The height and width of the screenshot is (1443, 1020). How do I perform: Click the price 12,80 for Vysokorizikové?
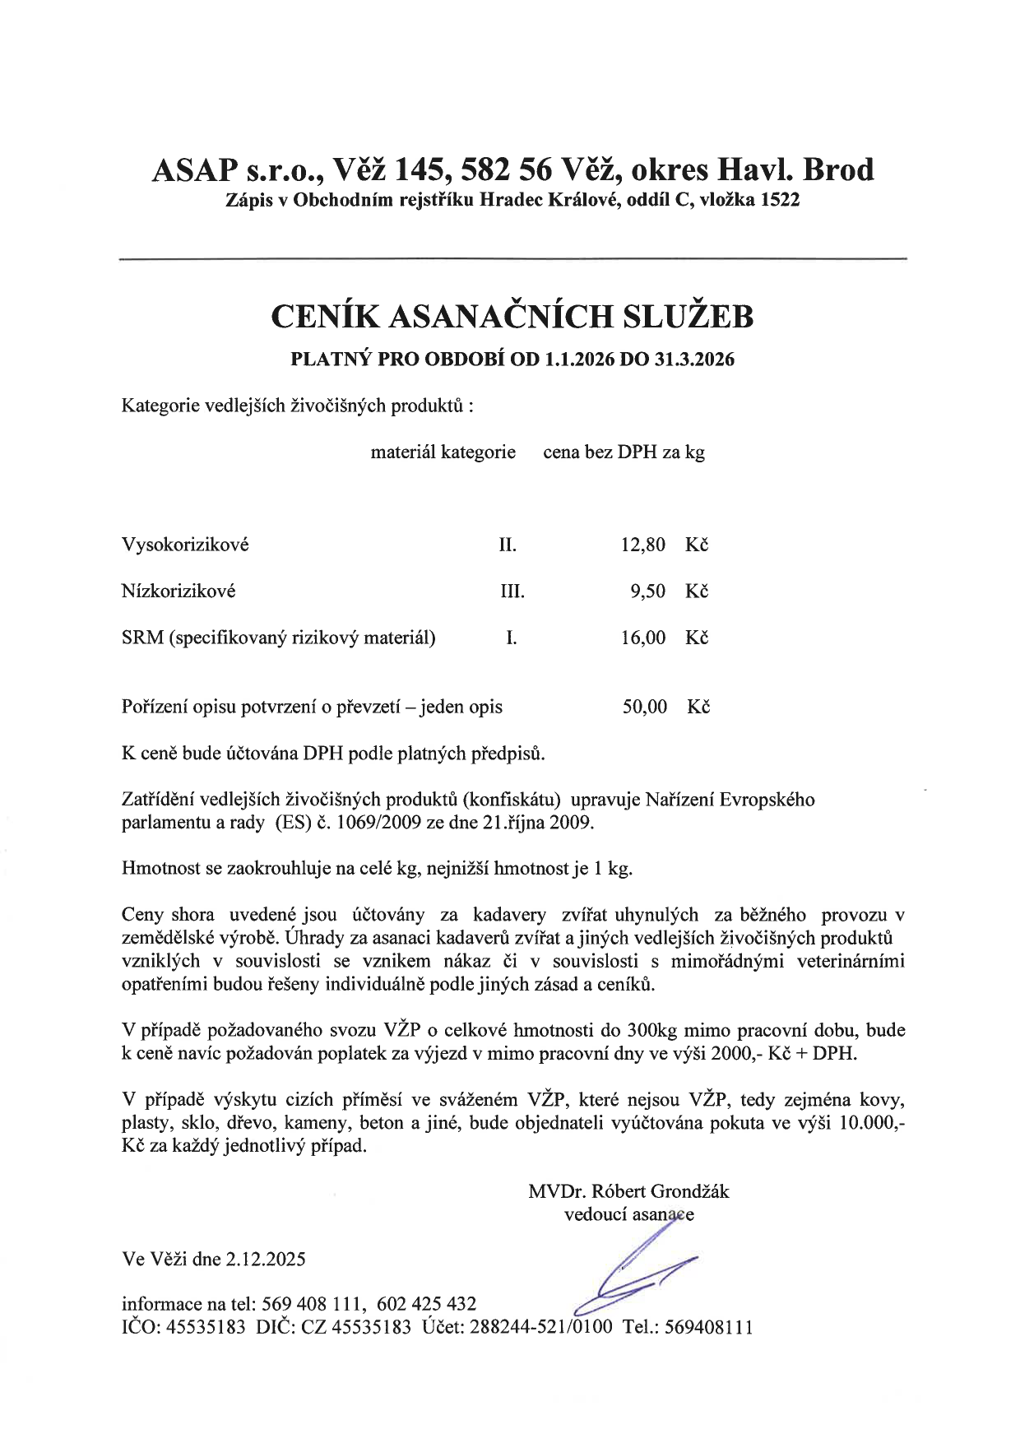tap(642, 545)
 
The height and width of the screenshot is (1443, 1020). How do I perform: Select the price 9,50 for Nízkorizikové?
tap(647, 592)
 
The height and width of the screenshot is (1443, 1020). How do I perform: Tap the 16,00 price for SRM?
tap(642, 638)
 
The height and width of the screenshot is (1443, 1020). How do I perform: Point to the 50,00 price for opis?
tap(644, 707)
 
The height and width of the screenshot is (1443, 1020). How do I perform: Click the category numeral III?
tap(512, 592)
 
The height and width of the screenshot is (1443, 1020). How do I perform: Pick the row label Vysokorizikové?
tap(185, 545)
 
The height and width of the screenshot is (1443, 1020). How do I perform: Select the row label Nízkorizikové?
tap(178, 592)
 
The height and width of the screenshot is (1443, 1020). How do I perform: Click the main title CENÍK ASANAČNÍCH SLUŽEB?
tap(511, 317)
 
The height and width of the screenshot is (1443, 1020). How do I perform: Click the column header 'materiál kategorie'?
tap(443, 452)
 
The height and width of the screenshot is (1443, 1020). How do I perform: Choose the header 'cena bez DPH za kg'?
tap(624, 452)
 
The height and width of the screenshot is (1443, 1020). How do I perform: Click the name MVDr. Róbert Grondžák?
tap(629, 1191)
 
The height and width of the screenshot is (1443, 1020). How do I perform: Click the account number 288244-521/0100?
tap(540, 1327)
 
